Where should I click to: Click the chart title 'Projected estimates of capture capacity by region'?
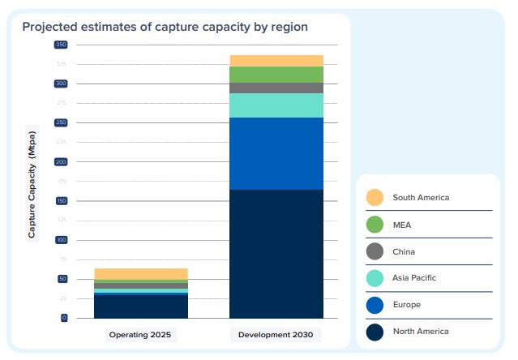click(x=165, y=27)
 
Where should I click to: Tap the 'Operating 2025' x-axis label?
click(x=142, y=334)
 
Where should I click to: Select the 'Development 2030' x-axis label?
click(x=276, y=334)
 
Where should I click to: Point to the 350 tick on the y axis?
click(x=61, y=44)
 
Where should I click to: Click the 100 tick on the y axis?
click(x=61, y=240)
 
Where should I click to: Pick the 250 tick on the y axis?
click(x=61, y=122)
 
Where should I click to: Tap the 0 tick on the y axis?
click(x=63, y=318)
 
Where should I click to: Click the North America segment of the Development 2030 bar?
click(x=276, y=254)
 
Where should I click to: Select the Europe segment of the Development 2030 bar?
click(x=276, y=153)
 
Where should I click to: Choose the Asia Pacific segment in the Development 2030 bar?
click(x=276, y=105)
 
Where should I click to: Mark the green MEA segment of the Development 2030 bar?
click(x=276, y=75)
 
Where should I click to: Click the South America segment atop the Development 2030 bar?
click(x=276, y=61)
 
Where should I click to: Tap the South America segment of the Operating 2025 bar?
click(x=141, y=273)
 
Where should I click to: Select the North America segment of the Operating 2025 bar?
click(x=141, y=306)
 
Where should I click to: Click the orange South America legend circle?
click(x=375, y=197)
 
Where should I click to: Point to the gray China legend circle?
click(x=375, y=251)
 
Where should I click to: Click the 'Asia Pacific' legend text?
click(x=414, y=277)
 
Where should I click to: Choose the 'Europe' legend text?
click(x=406, y=304)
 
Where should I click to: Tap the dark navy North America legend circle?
click(x=375, y=331)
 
